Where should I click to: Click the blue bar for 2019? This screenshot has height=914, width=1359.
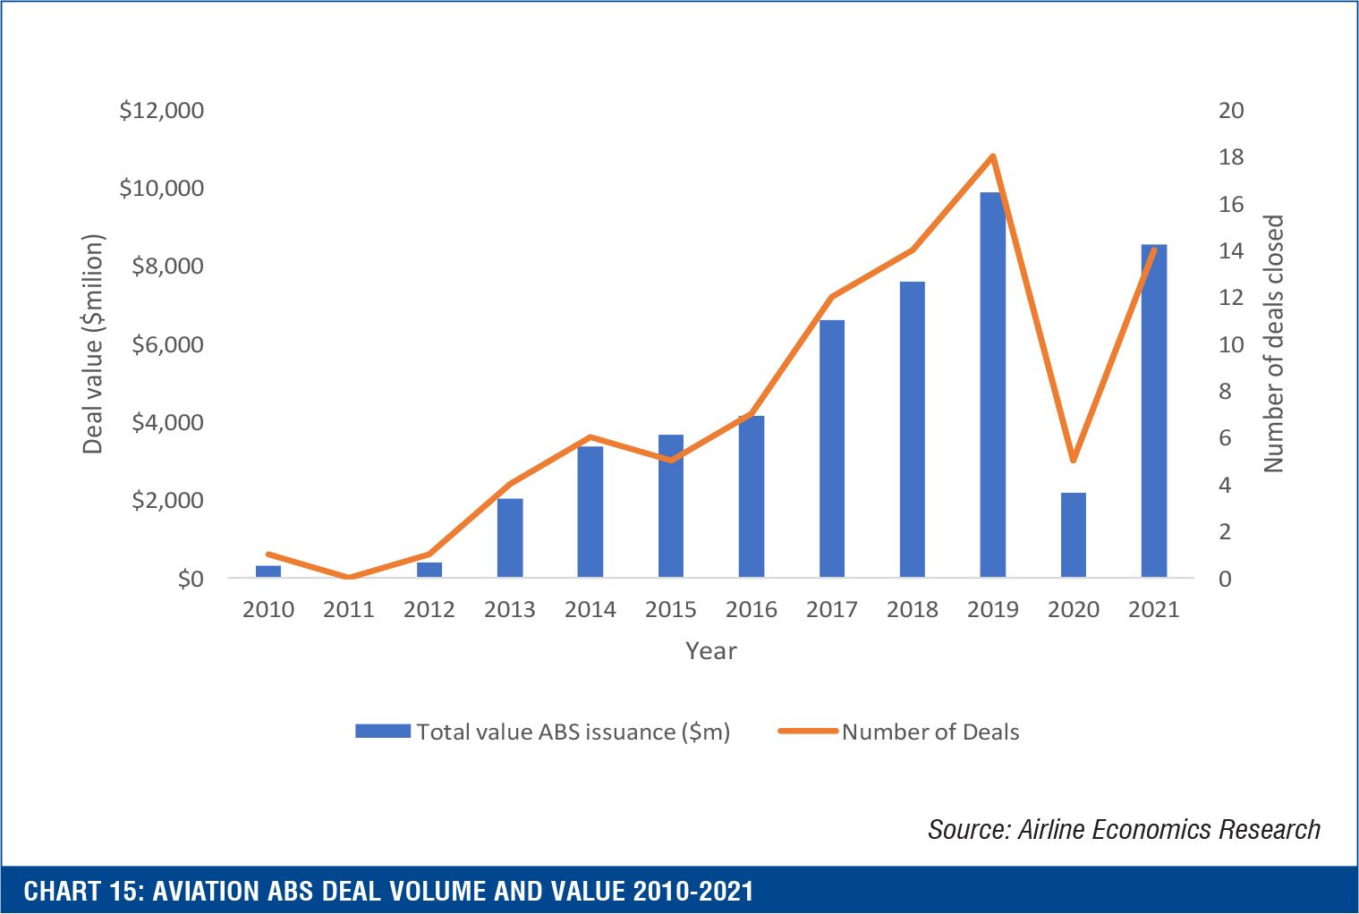click(x=992, y=385)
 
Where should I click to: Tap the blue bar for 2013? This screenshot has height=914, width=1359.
click(x=510, y=537)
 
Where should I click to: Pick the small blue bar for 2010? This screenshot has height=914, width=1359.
click(x=268, y=571)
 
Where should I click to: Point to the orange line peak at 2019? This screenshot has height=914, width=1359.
click(x=992, y=157)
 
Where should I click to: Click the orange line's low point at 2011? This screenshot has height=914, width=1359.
click(x=349, y=578)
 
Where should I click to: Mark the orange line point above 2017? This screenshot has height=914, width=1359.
click(x=831, y=297)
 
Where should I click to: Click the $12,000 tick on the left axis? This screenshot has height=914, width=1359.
click(x=162, y=111)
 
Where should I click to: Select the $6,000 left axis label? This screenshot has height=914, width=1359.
click(x=167, y=345)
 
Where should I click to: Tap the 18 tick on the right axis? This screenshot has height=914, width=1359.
click(x=1231, y=157)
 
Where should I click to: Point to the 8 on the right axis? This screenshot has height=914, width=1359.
click(x=1225, y=392)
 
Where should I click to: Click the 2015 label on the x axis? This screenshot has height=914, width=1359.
click(x=670, y=610)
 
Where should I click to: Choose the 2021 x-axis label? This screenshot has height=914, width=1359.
click(x=1153, y=610)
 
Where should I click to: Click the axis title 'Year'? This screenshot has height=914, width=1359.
click(x=710, y=651)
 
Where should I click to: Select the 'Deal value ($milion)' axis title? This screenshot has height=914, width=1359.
click(x=93, y=344)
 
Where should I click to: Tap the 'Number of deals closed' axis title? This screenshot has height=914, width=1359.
click(x=1273, y=343)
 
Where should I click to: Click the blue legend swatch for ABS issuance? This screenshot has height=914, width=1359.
click(x=382, y=732)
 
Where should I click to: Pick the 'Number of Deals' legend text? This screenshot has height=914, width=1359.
click(x=930, y=732)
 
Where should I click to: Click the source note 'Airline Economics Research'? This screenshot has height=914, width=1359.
click(x=1168, y=830)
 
